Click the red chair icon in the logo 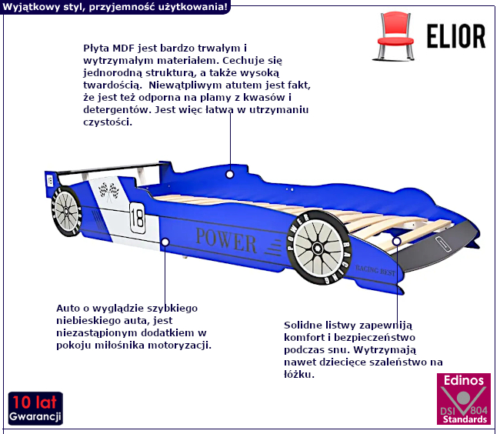click(x=395, y=36)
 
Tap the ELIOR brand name click(x=456, y=36)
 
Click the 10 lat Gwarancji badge click(x=35, y=409)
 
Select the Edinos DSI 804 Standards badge click(x=464, y=399)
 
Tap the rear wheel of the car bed click(x=66, y=212)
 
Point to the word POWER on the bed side click(x=225, y=240)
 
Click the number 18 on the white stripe click(x=138, y=218)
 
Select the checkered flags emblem click(x=108, y=192)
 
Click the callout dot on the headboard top click(x=229, y=175)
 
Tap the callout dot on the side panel click(x=165, y=242)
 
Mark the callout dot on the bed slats click(x=397, y=241)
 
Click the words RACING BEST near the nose click(x=375, y=270)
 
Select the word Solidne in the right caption click(x=303, y=325)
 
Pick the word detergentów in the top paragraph click(x=118, y=110)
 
